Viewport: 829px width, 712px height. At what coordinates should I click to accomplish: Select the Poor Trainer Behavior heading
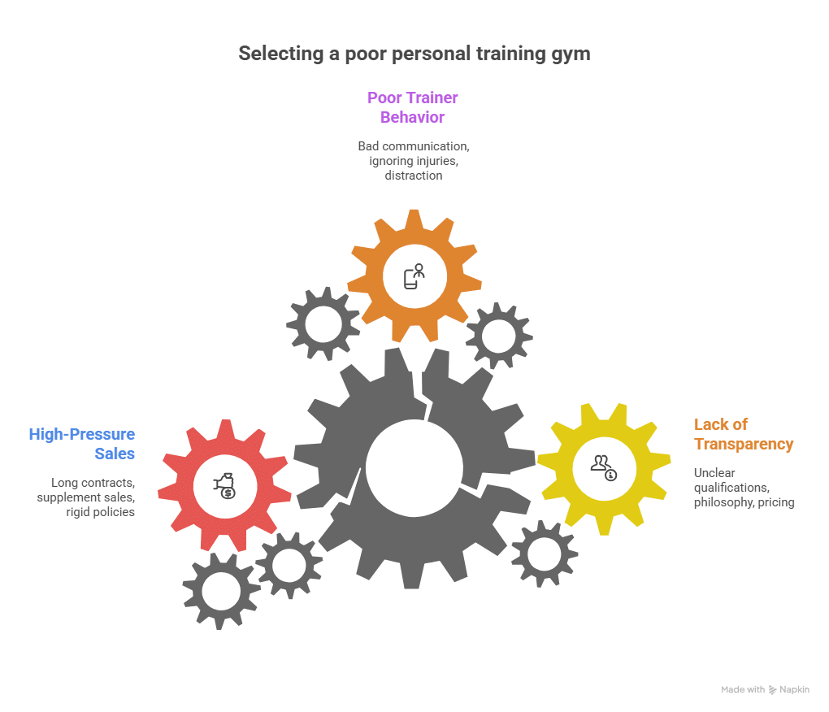(413, 107)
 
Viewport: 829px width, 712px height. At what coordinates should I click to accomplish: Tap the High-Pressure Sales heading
(82, 444)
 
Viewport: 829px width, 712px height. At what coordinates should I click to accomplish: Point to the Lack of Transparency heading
(743, 435)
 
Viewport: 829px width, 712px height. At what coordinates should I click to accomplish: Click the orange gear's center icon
(414, 276)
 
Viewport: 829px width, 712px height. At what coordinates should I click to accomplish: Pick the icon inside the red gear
(224, 485)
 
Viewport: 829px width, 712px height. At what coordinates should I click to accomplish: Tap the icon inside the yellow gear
(604, 466)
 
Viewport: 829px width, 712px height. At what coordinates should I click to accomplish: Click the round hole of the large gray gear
(414, 466)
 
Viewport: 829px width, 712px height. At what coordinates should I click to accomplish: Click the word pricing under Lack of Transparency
(776, 502)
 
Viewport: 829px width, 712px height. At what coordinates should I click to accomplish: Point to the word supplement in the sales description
(68, 497)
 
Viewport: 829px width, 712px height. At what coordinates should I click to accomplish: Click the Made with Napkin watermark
(765, 690)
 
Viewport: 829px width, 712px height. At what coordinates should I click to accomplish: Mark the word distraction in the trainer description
(414, 175)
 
